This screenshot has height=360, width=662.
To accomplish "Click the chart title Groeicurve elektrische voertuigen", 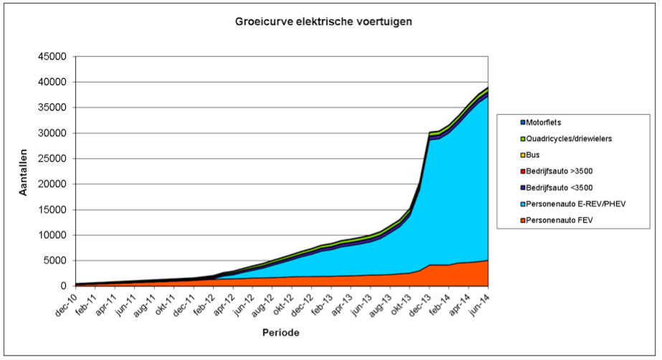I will pyautogui.click(x=323, y=22).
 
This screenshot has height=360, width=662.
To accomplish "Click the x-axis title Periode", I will pyautogui.click(x=280, y=333).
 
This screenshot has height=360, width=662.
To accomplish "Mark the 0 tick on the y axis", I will pyautogui.click(x=63, y=286).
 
